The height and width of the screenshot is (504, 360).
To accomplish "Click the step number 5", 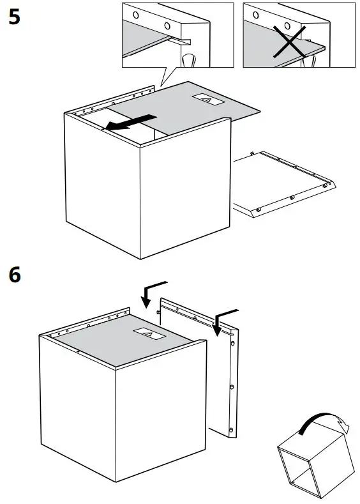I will (x=14, y=17).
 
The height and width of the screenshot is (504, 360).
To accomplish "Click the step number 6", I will (x=14, y=275).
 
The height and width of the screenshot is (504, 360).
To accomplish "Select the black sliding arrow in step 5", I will (x=130, y=123).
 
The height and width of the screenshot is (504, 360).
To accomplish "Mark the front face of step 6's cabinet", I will (x=160, y=422).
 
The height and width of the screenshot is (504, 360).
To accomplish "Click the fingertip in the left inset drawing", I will (x=190, y=60).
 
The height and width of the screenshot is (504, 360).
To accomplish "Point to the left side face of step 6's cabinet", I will (x=77, y=396).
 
